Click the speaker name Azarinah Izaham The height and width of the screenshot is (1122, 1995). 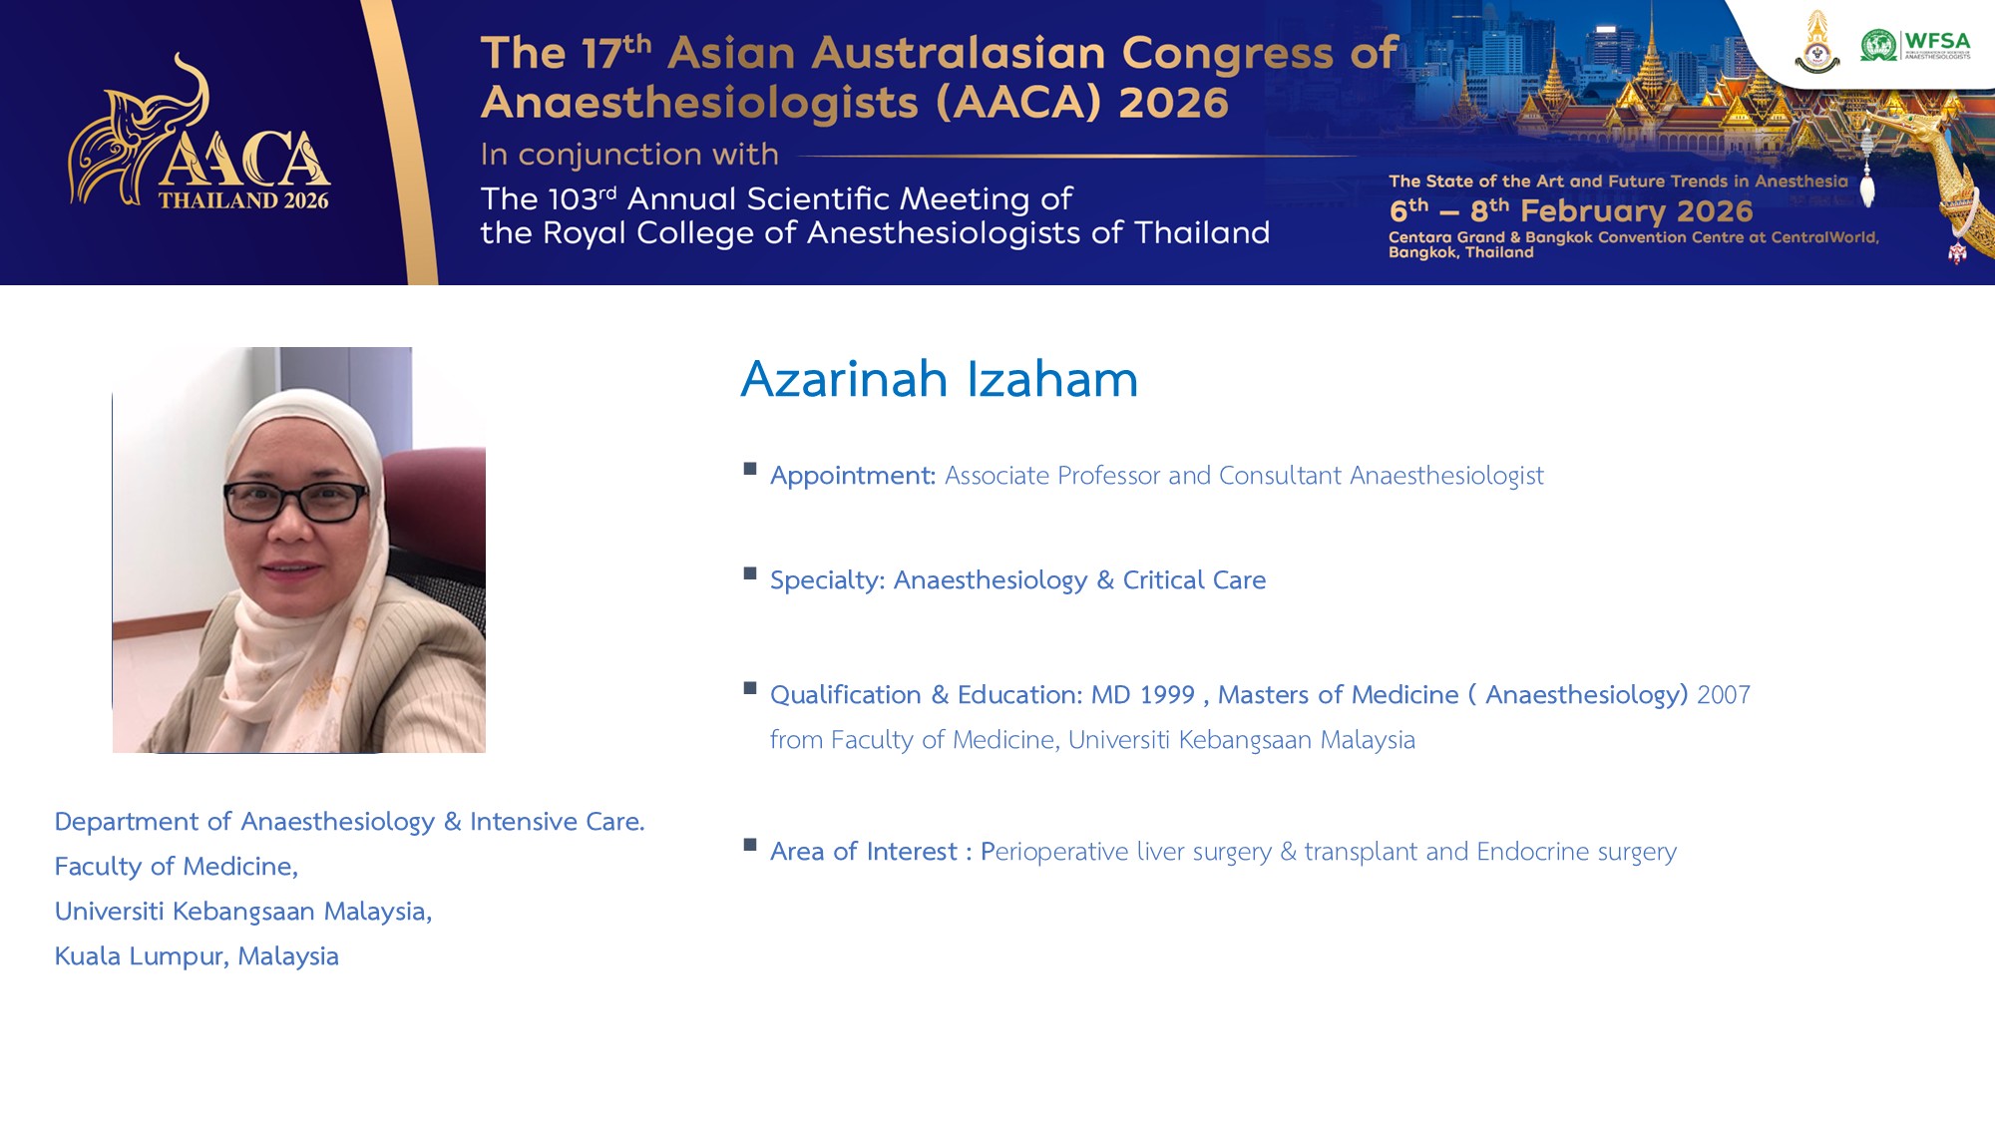click(939, 379)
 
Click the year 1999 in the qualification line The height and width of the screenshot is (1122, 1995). click(1167, 694)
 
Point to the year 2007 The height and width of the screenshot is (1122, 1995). click(1724, 694)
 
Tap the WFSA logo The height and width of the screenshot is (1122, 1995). click(1915, 45)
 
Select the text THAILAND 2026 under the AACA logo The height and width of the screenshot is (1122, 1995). click(243, 200)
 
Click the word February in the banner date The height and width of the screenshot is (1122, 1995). click(1593, 211)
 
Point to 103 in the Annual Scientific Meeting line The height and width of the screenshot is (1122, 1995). click(573, 198)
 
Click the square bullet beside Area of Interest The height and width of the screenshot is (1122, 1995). click(750, 845)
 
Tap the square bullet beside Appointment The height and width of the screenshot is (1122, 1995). click(750, 469)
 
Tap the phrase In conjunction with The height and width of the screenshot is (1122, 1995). click(629, 155)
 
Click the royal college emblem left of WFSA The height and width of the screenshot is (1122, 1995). click(1817, 42)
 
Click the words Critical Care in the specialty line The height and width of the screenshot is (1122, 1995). click(1194, 579)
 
